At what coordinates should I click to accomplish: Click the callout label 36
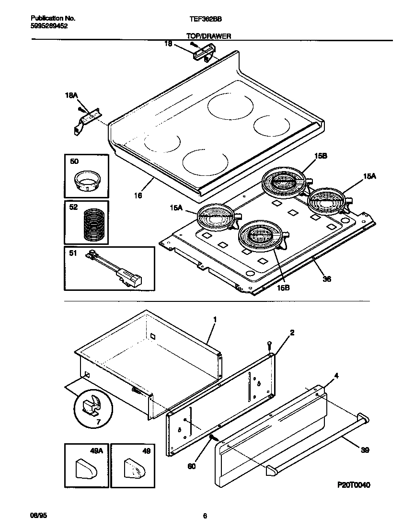coord(327,278)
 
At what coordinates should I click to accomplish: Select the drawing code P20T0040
coord(353,485)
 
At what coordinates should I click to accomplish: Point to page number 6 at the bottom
coord(205,516)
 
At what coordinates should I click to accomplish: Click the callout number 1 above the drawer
coord(215,319)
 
